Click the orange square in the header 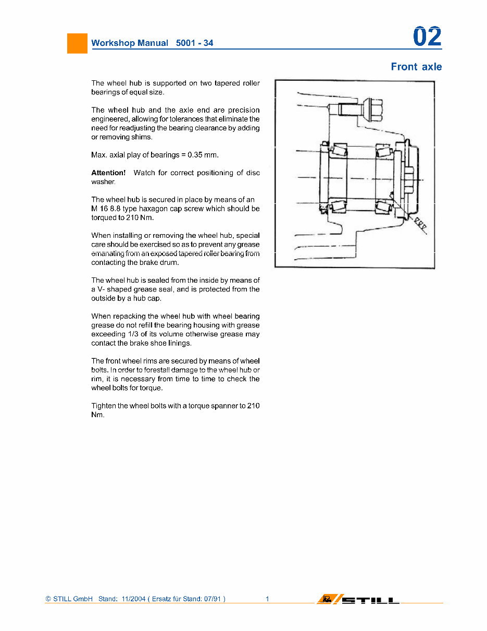pos(77,43)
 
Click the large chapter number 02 pos(427,37)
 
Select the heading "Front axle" pos(416,67)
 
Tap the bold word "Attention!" pos(108,173)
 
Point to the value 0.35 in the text pos(196,155)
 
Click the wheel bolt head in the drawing pos(373,110)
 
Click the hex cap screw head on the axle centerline pos(408,177)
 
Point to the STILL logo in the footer pos(359,599)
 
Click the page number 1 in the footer pos(267,599)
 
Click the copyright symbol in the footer pos(48,599)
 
